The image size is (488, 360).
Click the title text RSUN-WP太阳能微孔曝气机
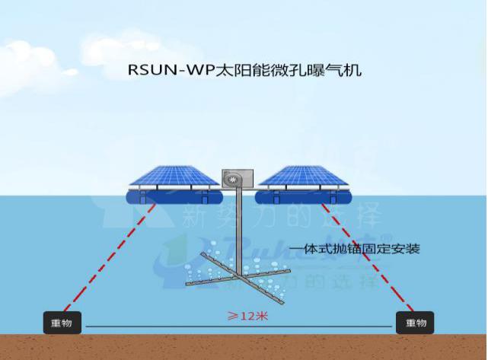coord(244,72)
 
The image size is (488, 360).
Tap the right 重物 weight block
coord(415,323)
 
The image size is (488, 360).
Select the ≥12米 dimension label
coord(244,314)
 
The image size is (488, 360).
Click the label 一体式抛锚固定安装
coord(356,248)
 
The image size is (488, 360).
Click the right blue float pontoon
coord(303,199)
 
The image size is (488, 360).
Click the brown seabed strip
coord(244,346)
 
